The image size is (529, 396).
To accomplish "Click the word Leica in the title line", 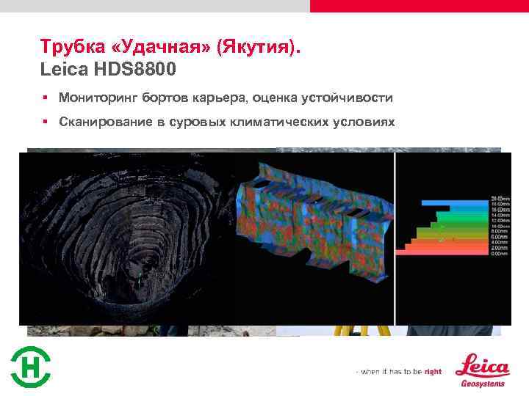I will (x=64, y=70).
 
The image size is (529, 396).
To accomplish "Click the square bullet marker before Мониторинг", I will (x=45, y=98).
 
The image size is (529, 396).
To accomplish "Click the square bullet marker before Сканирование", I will (x=45, y=122).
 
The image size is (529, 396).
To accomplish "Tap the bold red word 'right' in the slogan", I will (x=433, y=372).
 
